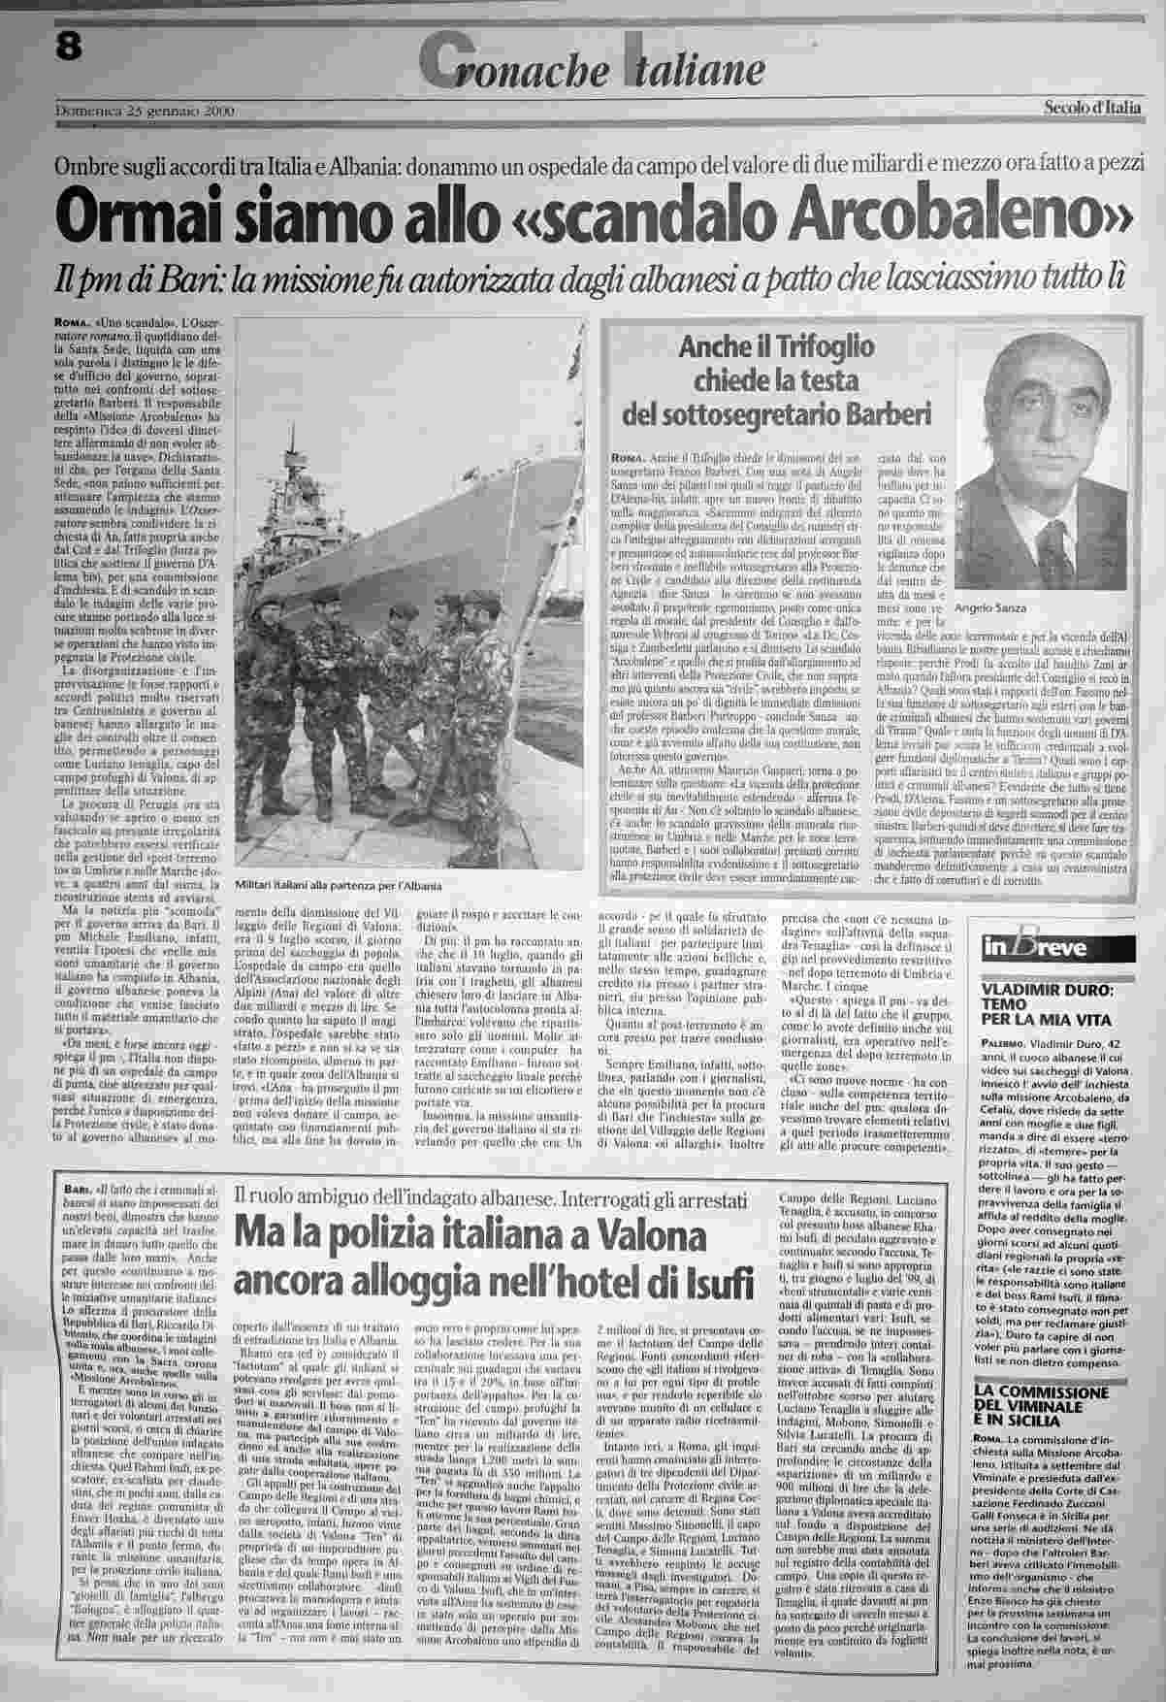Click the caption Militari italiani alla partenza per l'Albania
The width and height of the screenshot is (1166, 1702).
click(344, 887)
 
